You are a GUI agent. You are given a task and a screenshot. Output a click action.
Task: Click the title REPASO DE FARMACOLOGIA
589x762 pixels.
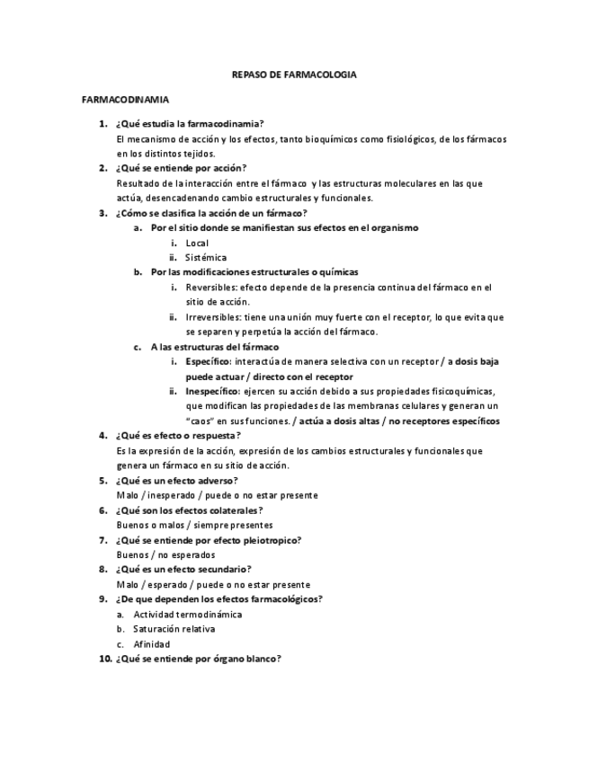point(294,75)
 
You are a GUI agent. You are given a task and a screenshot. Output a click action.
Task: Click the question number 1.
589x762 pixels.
point(103,123)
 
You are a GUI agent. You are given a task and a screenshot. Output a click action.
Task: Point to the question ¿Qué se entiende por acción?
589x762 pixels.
point(181,168)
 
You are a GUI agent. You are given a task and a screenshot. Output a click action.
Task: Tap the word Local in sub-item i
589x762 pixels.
point(197,243)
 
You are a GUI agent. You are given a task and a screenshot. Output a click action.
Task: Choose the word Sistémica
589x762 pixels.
point(206,257)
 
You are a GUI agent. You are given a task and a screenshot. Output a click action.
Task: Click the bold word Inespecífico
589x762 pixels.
point(212,391)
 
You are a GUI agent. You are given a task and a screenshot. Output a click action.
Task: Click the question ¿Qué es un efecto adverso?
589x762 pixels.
point(177,480)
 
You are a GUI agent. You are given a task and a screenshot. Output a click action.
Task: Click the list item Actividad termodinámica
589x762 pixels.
point(187,614)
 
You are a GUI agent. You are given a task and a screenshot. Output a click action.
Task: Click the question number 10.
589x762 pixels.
point(104,659)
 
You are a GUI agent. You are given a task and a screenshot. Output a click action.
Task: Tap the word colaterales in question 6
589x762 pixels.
point(236,510)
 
